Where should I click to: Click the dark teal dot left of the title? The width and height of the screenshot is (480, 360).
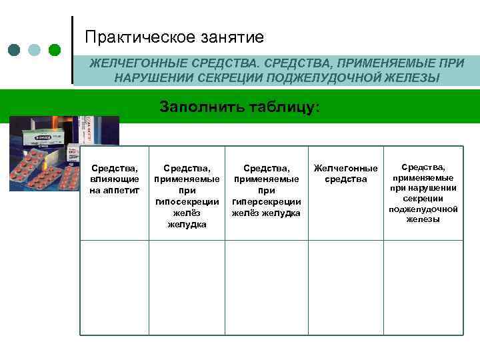click(15, 50)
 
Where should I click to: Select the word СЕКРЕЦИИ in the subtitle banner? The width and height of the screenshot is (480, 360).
click(227, 78)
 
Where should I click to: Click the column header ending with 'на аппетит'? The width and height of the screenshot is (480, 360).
click(114, 179)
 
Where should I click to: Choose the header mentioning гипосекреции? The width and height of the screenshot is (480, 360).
click(187, 196)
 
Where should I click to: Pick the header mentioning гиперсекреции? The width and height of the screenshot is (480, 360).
click(266, 191)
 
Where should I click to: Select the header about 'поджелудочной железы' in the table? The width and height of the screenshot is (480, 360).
click(423, 193)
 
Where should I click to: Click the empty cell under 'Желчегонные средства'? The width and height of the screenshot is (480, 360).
click(345, 287)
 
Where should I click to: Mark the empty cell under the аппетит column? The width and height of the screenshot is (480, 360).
click(114, 287)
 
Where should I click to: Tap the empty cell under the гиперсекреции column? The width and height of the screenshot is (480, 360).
click(266, 287)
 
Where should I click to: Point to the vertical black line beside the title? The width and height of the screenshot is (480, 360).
click(72, 50)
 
